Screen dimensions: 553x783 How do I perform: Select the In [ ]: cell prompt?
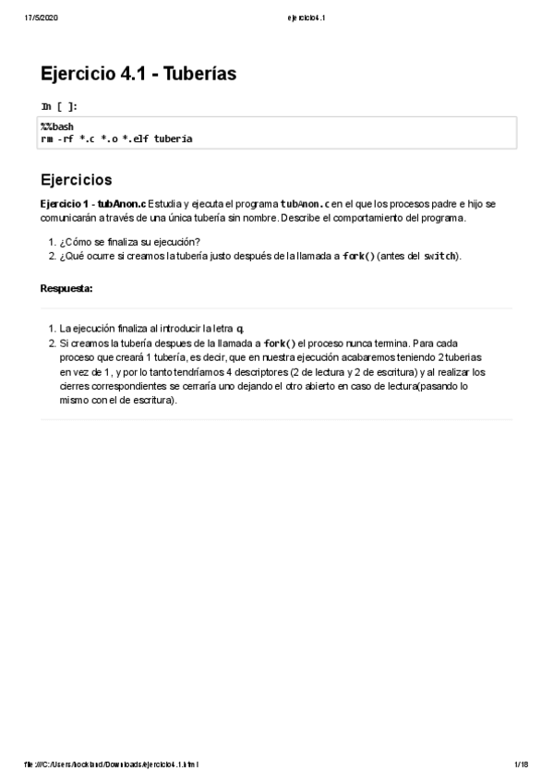pyautogui.click(x=53, y=107)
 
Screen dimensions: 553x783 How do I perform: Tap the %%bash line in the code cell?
pyautogui.click(x=56, y=126)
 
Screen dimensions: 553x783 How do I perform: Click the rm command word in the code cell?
pyautogui.click(x=47, y=139)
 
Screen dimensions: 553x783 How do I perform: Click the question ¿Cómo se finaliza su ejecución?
pyautogui.click(x=129, y=242)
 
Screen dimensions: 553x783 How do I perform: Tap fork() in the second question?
pyautogui.click(x=359, y=256)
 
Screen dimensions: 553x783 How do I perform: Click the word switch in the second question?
pyautogui.click(x=439, y=256)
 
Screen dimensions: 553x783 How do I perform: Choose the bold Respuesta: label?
pyautogui.click(x=66, y=289)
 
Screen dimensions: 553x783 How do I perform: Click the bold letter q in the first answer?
pyautogui.click(x=240, y=329)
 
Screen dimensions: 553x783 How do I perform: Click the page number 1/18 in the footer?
pyautogui.click(x=520, y=765)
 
